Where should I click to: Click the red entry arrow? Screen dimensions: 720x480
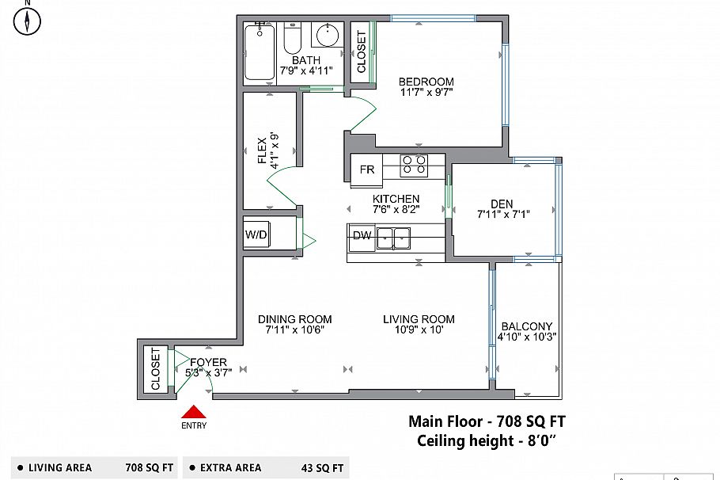pos(194,412)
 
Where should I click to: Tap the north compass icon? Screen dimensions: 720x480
pos(27,21)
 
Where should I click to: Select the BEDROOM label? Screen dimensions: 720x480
pos(426,82)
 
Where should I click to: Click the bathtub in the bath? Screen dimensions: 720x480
pos(260,53)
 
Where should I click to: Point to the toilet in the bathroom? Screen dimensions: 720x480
pos(292,39)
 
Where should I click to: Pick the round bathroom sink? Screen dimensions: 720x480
pos(328,35)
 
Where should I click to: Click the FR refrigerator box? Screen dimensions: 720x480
pos(367,170)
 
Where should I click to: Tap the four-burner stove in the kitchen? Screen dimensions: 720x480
pos(414,166)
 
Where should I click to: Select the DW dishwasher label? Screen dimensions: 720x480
pos(362,236)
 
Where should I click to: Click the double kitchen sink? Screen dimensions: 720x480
pos(393,238)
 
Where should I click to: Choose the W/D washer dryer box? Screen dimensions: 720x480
pos(256,235)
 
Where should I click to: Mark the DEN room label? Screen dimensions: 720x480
pos(502,204)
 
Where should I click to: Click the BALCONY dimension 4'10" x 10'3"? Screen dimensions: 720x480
pos(527,337)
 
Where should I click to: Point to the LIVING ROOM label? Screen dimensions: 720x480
pos(419,319)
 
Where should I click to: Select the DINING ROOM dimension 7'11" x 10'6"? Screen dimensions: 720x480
pos(295,330)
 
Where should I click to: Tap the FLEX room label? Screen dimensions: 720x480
pos(262,150)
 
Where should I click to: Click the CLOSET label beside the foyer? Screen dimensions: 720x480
pos(156,369)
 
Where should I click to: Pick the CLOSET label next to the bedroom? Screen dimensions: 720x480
pos(362,52)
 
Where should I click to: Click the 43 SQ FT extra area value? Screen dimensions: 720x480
pos(322,468)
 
